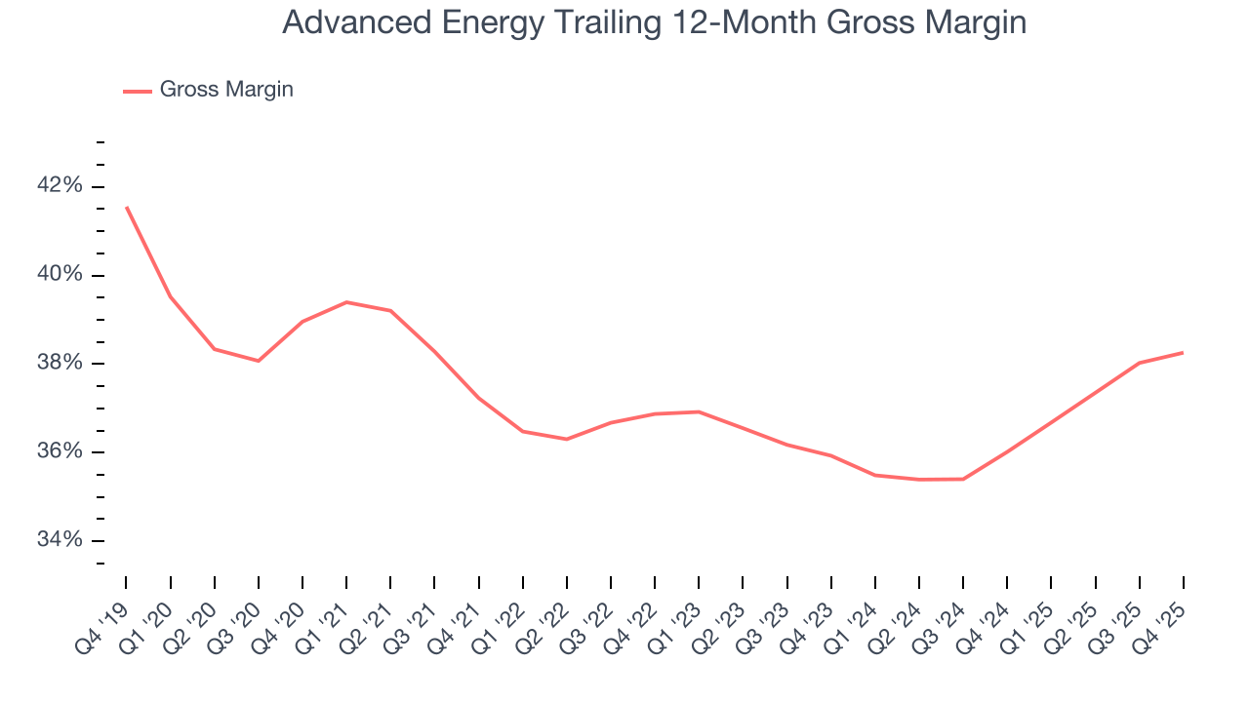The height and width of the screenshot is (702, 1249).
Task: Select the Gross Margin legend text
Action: (226, 90)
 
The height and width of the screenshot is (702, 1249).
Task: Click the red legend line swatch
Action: (138, 91)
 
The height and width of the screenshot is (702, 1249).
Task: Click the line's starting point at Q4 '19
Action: (127, 207)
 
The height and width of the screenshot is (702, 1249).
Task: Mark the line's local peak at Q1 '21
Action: (346, 302)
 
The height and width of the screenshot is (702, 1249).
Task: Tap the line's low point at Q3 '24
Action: (963, 479)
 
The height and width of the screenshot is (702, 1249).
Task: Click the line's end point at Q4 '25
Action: (1183, 353)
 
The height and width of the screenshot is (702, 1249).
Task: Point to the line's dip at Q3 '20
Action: (259, 361)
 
